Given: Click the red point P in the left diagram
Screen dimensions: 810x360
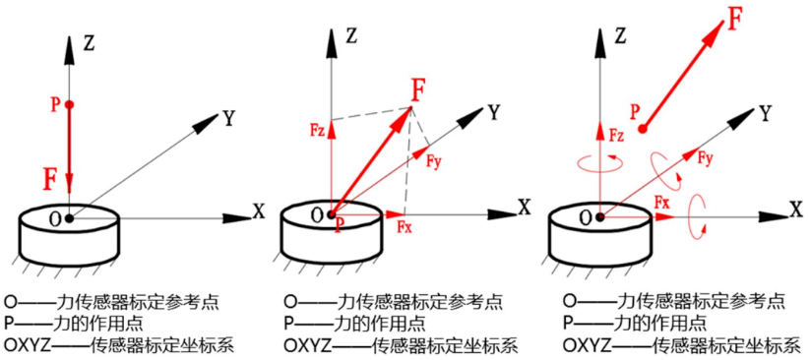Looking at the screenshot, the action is coord(70,104).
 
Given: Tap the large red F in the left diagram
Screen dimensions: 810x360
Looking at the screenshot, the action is coord(50,180).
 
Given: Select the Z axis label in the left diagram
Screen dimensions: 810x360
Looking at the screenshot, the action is coord(89,43).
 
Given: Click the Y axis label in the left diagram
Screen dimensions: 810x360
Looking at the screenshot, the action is coord(229,119).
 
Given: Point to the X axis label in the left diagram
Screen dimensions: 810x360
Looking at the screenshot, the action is coord(258,211).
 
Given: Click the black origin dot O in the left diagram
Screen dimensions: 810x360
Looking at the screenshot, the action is coord(70,218).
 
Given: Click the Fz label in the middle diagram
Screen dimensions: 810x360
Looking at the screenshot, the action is coord(318,130).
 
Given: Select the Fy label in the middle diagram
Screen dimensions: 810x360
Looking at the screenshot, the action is coord(433,160).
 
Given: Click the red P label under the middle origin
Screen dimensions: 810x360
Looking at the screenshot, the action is coord(338,225).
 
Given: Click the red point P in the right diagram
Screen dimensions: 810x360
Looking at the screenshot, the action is coord(642,129).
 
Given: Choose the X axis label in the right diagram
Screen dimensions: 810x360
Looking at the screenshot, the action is coord(796,210).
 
